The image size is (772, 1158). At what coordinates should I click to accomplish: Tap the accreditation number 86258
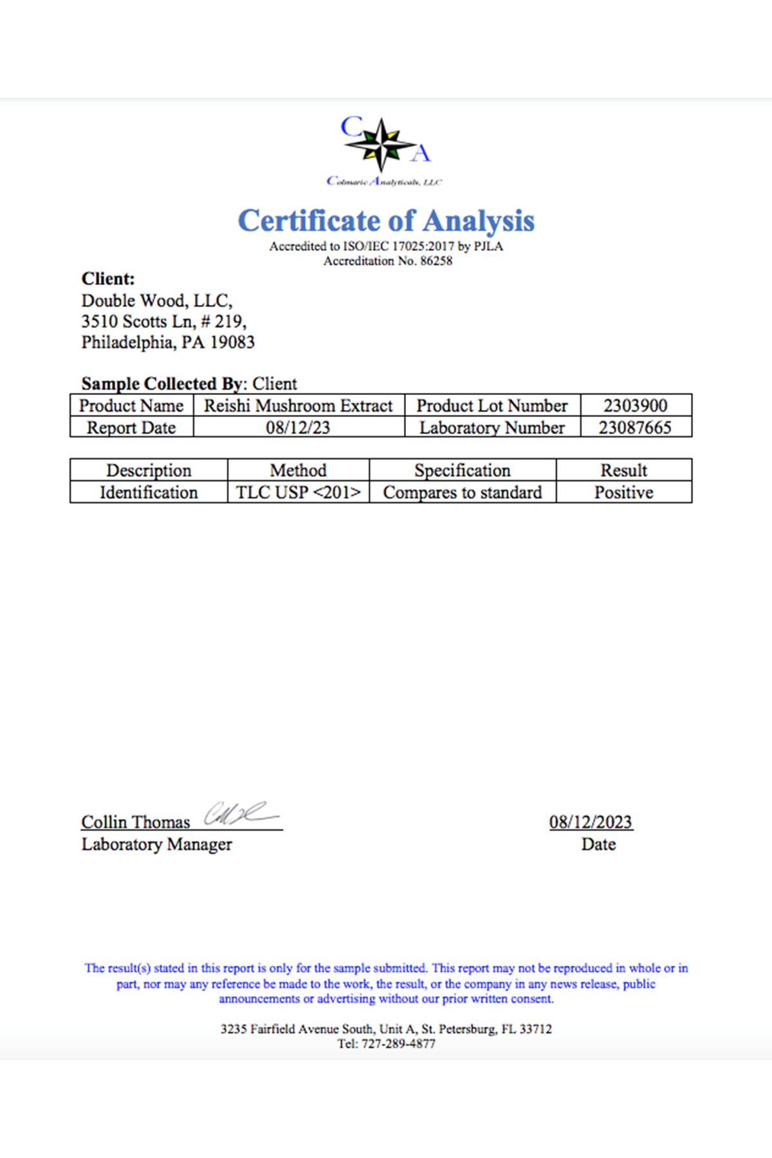click(x=436, y=261)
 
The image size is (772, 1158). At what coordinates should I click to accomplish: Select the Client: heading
click(x=108, y=279)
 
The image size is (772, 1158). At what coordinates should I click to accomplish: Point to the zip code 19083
click(x=233, y=342)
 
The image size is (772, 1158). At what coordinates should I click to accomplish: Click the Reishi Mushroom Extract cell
click(x=299, y=406)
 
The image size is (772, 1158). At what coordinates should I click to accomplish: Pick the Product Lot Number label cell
click(x=492, y=406)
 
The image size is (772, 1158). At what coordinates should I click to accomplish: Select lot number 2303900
click(x=636, y=406)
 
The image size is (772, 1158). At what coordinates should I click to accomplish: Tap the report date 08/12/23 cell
click(x=298, y=428)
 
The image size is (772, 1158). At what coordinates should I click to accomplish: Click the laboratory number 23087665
click(x=635, y=428)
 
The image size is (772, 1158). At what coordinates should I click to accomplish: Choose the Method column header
click(x=298, y=470)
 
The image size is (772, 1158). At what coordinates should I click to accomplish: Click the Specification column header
click(x=462, y=470)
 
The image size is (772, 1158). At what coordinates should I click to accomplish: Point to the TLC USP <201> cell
click(x=298, y=493)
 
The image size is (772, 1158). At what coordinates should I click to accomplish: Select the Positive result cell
click(x=623, y=493)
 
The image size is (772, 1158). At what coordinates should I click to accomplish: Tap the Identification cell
click(x=149, y=493)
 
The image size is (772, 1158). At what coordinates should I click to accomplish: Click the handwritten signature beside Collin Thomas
click(x=238, y=814)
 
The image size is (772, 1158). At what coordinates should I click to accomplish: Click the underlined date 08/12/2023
click(x=591, y=822)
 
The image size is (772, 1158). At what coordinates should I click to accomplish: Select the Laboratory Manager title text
click(x=156, y=845)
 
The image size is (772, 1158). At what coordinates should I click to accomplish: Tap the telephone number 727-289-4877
click(x=398, y=1044)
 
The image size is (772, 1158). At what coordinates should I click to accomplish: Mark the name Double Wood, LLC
click(x=156, y=301)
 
